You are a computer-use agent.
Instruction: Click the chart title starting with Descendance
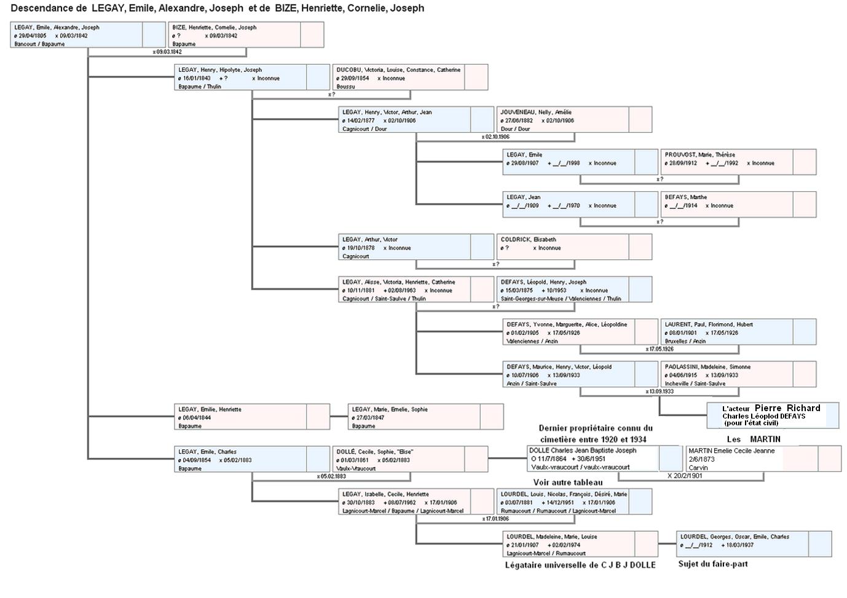[x=218, y=9]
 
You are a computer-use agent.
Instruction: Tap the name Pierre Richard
[x=787, y=408]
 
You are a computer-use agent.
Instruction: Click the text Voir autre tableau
[x=568, y=482]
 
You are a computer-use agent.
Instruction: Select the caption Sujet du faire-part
[x=713, y=564]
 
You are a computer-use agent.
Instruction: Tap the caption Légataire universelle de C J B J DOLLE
[x=580, y=565]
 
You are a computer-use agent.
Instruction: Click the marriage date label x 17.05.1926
[x=660, y=349]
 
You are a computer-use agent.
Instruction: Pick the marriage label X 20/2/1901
[x=685, y=476]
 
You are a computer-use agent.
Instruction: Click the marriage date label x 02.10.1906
[x=495, y=137]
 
